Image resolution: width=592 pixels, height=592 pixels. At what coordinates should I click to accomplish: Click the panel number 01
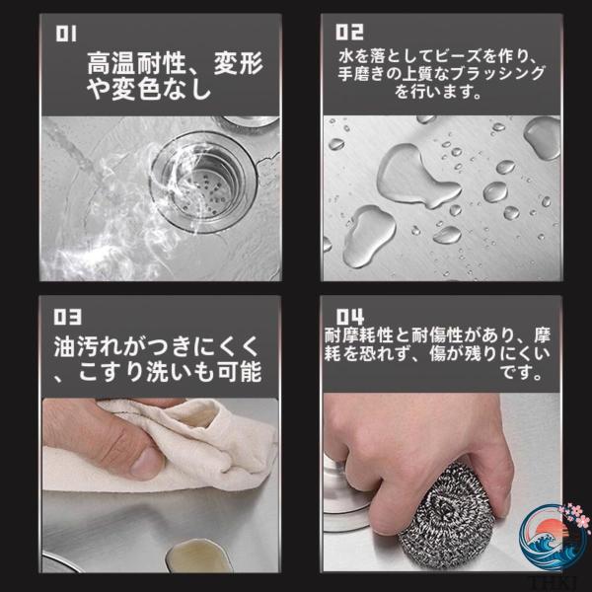click(66, 34)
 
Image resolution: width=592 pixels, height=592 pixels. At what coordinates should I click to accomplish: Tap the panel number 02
click(349, 33)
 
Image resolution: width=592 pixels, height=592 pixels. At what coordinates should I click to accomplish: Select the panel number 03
click(67, 317)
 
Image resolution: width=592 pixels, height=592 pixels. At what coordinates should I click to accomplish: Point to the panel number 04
click(350, 317)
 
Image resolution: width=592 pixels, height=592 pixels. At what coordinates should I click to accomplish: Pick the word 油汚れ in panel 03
click(89, 346)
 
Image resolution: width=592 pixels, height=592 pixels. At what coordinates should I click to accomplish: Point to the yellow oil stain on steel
click(198, 555)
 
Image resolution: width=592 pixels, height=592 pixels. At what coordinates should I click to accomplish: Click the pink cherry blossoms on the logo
click(574, 516)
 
